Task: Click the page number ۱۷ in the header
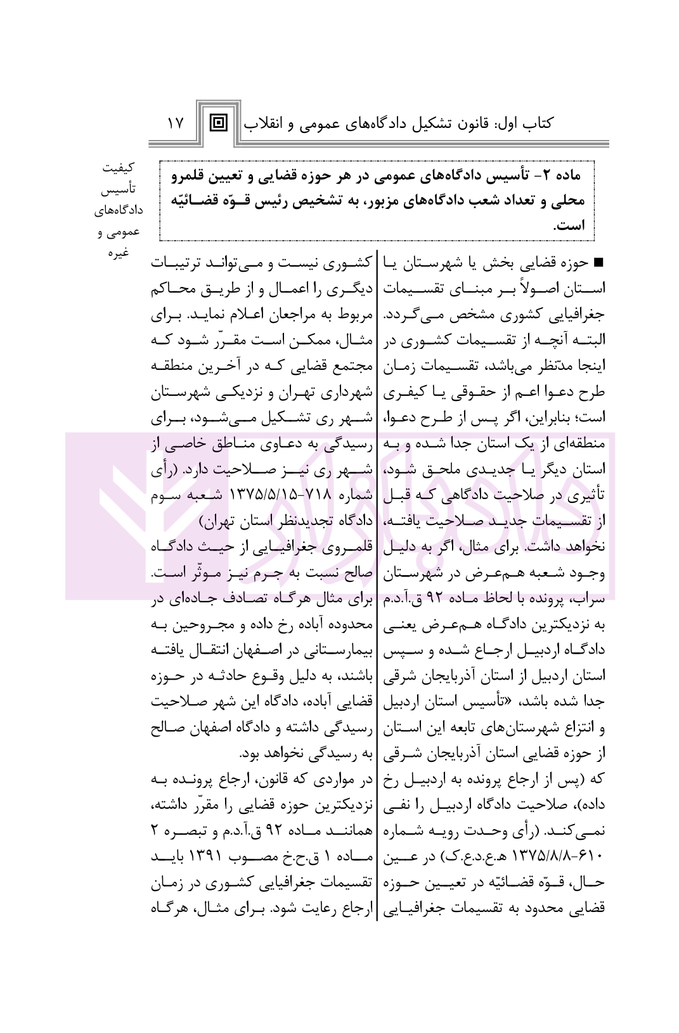(175, 123)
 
